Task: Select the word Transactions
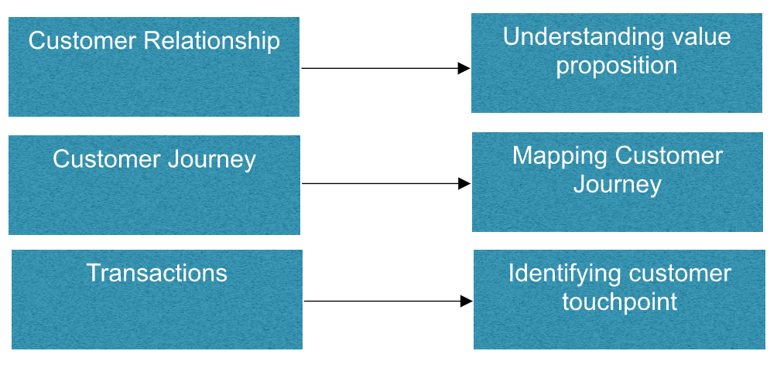[156, 273]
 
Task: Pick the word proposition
[617, 66]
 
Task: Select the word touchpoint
[619, 302]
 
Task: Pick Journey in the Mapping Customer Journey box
[618, 185]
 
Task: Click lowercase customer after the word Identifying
[679, 273]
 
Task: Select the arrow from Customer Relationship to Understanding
[379, 68]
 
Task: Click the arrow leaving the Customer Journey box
[379, 183]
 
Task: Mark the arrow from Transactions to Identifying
[382, 301]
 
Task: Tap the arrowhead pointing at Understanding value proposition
[464, 68]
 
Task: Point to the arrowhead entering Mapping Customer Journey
[464, 183]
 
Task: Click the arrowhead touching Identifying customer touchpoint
[466, 301]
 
